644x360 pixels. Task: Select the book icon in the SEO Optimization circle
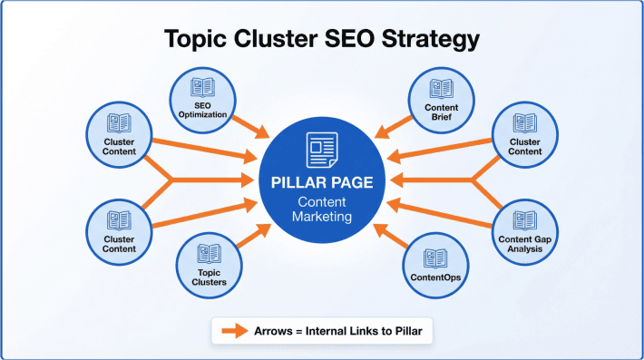201,87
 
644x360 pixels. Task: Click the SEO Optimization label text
201,111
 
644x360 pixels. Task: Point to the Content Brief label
442,112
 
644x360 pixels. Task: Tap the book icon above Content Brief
442,88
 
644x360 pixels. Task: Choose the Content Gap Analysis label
525,243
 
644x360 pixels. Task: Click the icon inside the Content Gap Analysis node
525,219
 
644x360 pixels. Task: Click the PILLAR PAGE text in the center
322,181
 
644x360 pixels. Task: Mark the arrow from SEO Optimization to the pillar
249,126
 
